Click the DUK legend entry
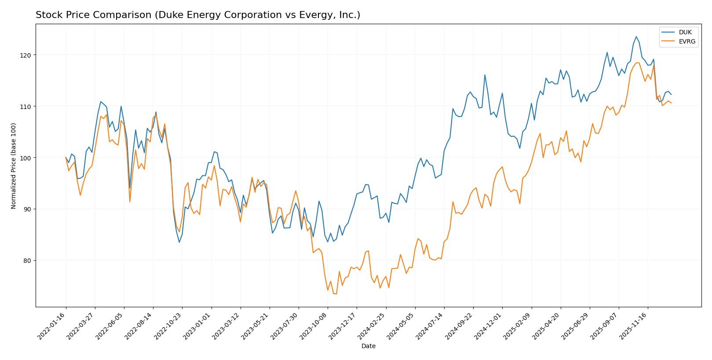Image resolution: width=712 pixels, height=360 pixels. point(685,33)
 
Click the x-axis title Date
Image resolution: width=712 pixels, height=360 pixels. point(368,346)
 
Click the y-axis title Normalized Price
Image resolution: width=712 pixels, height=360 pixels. point(14,166)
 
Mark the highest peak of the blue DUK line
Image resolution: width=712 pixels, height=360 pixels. point(636,36)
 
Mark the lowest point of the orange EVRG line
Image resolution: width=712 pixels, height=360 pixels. point(336,294)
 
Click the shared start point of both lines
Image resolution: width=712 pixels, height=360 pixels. point(66,157)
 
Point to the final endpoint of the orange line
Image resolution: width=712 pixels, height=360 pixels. point(671,103)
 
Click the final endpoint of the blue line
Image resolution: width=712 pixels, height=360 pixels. point(671,95)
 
